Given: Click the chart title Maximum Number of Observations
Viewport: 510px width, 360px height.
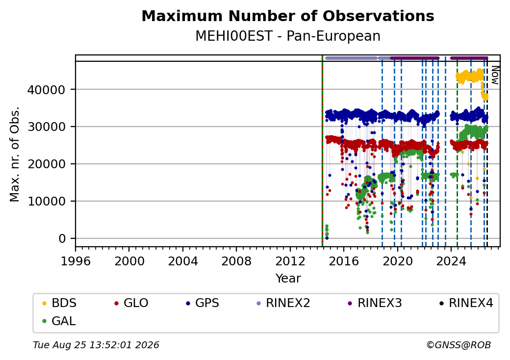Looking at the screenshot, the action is [x=288, y=16].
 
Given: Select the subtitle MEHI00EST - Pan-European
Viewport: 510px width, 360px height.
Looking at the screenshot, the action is [x=288, y=36].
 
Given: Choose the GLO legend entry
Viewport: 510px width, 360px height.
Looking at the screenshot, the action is [x=131, y=303].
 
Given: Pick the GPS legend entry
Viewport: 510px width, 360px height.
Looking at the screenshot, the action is [x=203, y=303].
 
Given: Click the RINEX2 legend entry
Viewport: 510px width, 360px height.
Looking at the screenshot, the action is [x=283, y=303].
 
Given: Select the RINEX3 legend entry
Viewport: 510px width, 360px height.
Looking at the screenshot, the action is [x=375, y=303].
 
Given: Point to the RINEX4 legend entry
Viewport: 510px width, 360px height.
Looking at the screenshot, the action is [x=466, y=303].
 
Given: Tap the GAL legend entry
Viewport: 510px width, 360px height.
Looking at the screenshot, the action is [x=59, y=321].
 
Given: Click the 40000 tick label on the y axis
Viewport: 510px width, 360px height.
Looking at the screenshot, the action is [x=46, y=90].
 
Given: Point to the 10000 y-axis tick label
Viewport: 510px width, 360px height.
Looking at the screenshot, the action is [x=46, y=201].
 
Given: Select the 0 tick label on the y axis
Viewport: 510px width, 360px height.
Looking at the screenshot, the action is [x=62, y=239].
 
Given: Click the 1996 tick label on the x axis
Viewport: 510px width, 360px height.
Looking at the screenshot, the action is [x=76, y=261].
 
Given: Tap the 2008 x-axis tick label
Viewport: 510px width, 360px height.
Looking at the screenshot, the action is [x=236, y=261].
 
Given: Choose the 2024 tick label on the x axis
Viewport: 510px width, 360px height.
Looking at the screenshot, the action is [x=451, y=261].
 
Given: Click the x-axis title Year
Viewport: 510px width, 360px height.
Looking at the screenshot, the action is [x=288, y=279].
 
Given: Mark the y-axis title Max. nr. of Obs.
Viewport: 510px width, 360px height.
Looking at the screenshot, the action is [x=15, y=154].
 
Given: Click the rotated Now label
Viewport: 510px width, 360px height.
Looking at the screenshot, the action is [x=495, y=75].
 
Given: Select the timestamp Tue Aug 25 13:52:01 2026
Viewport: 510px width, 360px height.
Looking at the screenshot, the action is [x=96, y=345].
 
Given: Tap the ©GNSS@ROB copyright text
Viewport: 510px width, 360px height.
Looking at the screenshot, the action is [x=459, y=345].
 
